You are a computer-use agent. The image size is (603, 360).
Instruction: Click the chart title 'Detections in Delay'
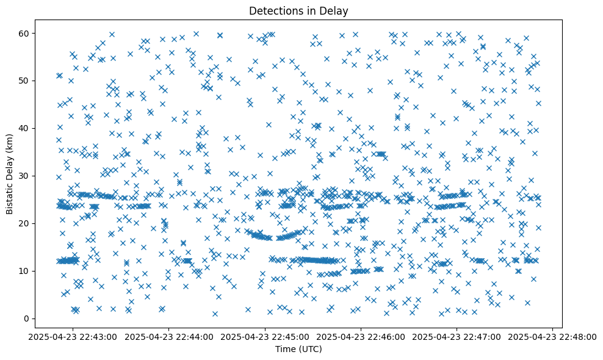click(298, 10)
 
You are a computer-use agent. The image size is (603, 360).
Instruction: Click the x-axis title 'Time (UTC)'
click(298, 349)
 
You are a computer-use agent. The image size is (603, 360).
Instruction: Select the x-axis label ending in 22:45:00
click(265, 336)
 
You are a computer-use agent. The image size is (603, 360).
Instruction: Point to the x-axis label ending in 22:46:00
click(361, 336)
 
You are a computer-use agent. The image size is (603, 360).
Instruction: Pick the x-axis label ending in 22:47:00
click(457, 336)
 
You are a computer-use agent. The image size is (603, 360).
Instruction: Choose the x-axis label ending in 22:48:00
click(553, 336)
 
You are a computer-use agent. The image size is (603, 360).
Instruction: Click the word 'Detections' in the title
click(275, 10)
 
